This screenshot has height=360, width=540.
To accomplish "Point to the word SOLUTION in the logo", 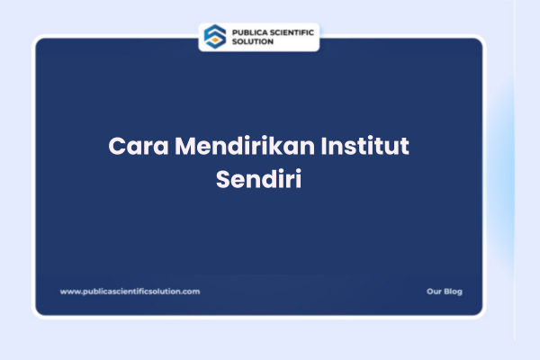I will pyautogui.click(x=253, y=41).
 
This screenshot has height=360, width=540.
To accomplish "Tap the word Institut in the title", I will pyautogui.click(x=371, y=147).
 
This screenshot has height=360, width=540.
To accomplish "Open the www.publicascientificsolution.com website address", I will pyautogui.click(x=130, y=292).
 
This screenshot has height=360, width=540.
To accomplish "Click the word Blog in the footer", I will pyautogui.click(x=453, y=292).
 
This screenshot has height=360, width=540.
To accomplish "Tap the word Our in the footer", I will pyautogui.click(x=434, y=292).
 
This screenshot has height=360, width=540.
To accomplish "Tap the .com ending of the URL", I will pyautogui.click(x=191, y=292).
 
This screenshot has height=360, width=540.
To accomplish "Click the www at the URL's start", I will pyautogui.click(x=68, y=292).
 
